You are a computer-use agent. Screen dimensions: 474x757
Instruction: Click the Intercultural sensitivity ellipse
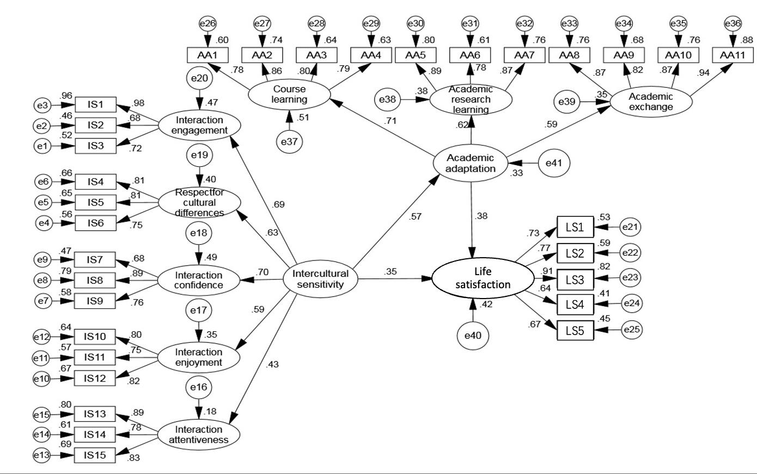pos(320,279)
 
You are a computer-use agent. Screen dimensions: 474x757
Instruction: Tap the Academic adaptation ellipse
pos(470,163)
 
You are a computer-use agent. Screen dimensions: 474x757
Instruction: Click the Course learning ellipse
pos(289,95)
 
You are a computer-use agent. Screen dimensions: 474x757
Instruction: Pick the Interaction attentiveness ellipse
pos(199,434)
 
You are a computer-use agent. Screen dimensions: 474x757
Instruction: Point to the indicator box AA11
pos(732,55)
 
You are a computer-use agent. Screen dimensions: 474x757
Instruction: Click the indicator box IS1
pos(95,105)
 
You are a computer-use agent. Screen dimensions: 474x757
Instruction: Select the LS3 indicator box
pos(575,280)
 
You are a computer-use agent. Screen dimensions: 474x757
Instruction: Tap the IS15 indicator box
pos(95,455)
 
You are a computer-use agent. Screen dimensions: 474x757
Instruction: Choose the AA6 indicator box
pos(470,55)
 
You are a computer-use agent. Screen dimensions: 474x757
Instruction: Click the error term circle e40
pos(473,336)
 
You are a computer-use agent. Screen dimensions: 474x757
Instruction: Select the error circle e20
pos(199,78)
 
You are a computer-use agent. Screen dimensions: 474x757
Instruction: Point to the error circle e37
pos(289,142)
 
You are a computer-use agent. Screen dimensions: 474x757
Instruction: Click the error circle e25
pos(632,330)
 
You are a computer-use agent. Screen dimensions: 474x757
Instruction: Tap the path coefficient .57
pos(415,217)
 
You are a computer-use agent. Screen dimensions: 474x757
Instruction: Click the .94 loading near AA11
pos(705,73)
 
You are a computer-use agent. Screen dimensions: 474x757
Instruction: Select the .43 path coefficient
pos(272,364)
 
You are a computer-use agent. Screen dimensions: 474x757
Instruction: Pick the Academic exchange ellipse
pos(651,102)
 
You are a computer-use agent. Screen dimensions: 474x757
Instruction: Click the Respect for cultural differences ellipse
pos(199,203)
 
